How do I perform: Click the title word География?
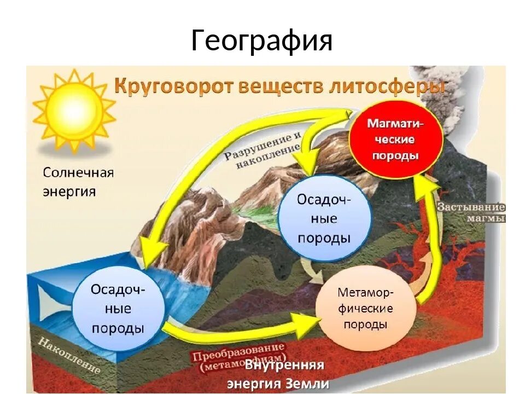pos(261,40)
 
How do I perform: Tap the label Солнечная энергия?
pos(78,182)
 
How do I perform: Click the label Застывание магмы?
pos(471,213)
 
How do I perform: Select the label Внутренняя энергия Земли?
pos(284,373)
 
